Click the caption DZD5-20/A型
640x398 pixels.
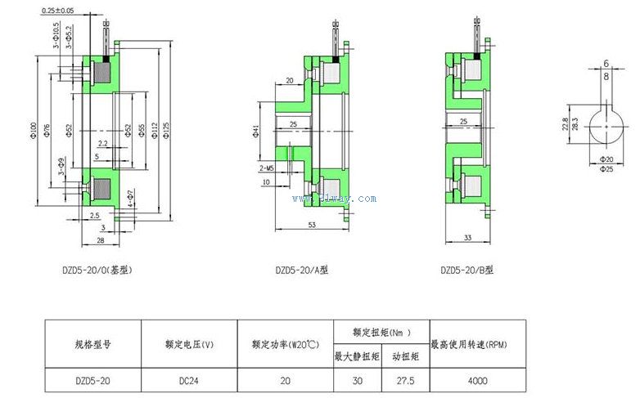[300, 269]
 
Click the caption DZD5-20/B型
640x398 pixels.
[466, 269]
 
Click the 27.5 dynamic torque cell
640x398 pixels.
[406, 380]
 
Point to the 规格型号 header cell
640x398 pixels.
[92, 345]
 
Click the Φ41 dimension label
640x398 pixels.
[256, 132]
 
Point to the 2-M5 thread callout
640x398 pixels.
[266, 167]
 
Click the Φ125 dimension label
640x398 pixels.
[167, 131]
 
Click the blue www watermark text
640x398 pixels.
[334, 198]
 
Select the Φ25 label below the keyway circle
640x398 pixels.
[606, 168]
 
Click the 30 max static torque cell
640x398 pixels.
[357, 380]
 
